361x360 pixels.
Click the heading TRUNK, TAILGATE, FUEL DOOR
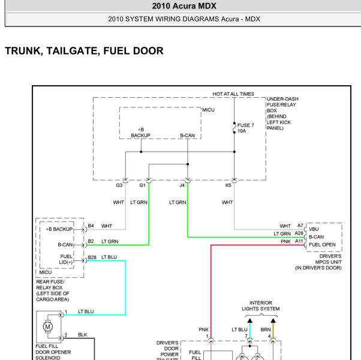84,51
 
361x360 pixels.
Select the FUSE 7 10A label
245,128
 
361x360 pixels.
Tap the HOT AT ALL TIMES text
233,94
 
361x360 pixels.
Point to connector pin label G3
119,185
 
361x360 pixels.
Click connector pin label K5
228,185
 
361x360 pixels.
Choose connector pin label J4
182,185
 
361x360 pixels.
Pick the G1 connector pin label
142,185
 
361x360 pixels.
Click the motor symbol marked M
47,326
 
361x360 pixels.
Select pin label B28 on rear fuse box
92,257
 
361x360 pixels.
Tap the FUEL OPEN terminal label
322,245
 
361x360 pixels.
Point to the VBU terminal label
314,229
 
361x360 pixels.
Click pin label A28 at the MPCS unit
299,233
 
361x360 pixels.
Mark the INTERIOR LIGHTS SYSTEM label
261,305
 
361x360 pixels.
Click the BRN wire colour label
266,329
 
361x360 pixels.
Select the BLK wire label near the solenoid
82,335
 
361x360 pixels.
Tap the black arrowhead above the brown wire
273,320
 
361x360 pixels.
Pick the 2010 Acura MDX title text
184,6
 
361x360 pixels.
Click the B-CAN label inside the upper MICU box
188,136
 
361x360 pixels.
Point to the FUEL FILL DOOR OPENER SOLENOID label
53,352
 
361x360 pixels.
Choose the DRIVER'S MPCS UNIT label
318,262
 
